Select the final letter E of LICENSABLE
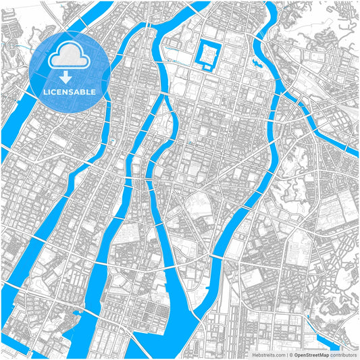(x=93, y=91)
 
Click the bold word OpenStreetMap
(x=311, y=355)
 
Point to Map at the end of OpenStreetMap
(x=324, y=355)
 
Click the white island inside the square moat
(x=207, y=53)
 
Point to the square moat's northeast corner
(x=220, y=41)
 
